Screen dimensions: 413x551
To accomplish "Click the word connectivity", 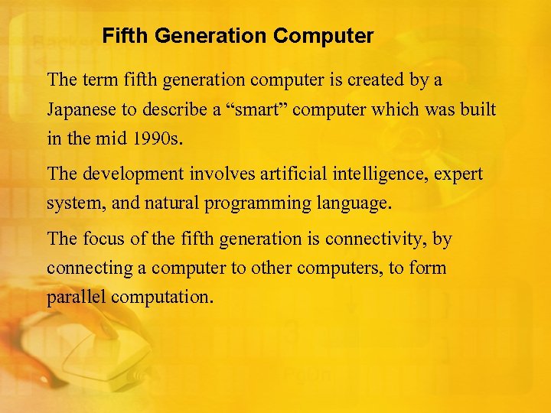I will pyautogui.click(x=376, y=239).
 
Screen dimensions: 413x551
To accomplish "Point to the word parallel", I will pyautogui.click(x=76, y=297).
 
